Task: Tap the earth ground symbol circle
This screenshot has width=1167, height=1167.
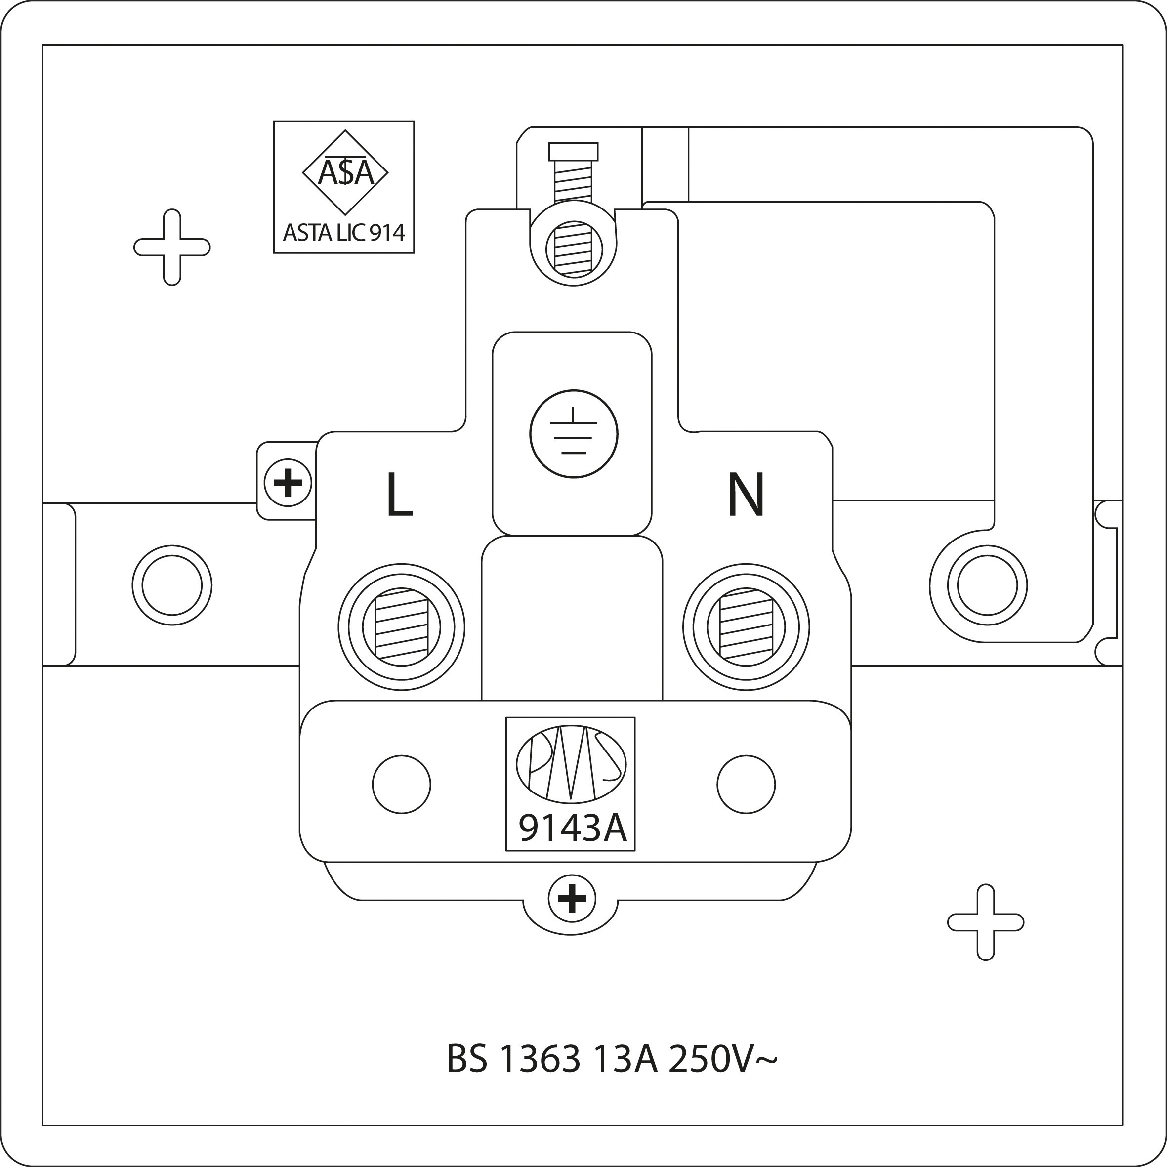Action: [573, 434]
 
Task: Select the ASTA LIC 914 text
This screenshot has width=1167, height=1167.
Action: [344, 233]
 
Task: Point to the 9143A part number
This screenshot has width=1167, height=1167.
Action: [572, 829]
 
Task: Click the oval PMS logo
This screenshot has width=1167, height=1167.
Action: [571, 765]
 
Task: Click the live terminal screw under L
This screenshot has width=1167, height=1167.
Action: [402, 627]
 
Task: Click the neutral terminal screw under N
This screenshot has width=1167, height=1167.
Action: [746, 627]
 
